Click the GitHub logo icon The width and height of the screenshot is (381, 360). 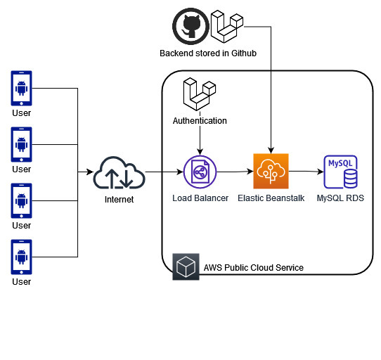[190, 26]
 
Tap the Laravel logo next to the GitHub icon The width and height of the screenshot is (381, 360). [227, 27]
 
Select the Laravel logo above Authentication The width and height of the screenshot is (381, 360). [200, 94]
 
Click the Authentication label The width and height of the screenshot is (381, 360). [200, 120]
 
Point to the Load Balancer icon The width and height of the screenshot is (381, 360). [200, 172]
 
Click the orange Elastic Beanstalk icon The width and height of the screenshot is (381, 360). [271, 171]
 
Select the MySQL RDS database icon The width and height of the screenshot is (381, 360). [341, 172]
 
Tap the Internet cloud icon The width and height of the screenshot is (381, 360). [119, 172]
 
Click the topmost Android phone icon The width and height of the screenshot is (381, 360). [21, 88]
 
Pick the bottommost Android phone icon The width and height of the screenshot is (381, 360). [21, 257]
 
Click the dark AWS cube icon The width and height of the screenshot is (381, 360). [186, 266]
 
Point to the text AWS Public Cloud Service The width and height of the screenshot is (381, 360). [254, 268]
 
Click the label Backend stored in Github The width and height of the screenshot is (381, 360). [208, 53]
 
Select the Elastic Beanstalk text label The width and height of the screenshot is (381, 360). [271, 198]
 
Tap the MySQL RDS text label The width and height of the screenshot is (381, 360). [340, 198]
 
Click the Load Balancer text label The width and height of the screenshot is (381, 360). [200, 198]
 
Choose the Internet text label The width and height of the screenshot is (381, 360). [119, 200]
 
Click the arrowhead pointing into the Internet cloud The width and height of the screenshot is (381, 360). [90, 172]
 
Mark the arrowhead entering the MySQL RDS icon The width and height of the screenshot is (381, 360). [321, 172]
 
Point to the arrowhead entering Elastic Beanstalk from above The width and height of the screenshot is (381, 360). [271, 150]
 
